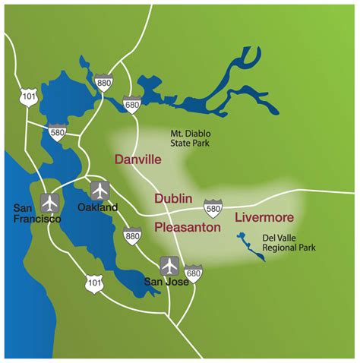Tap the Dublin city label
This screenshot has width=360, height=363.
click(x=173, y=199)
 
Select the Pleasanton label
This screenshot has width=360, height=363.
click(x=188, y=227)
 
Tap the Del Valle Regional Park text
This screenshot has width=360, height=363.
click(x=288, y=242)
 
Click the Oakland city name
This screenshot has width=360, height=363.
click(x=98, y=207)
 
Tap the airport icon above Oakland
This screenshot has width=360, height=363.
click(x=99, y=190)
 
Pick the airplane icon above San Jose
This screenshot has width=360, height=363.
click(x=169, y=267)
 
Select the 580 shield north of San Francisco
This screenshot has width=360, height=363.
click(x=56, y=132)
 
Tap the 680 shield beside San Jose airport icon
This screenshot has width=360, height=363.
click(x=194, y=274)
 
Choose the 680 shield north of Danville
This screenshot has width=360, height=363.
click(x=132, y=105)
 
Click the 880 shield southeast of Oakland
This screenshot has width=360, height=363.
click(x=133, y=240)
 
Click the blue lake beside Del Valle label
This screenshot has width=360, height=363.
click(x=250, y=247)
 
